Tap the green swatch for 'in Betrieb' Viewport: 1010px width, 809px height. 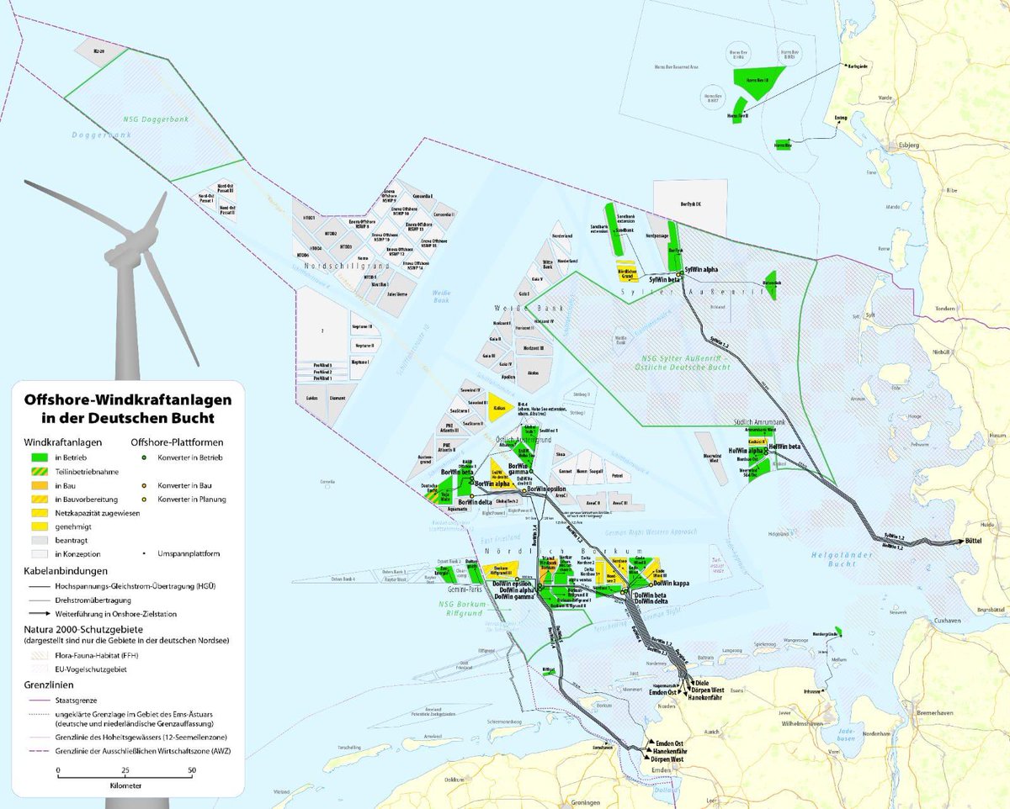click(38, 457)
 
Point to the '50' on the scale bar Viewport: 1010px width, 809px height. click(191, 769)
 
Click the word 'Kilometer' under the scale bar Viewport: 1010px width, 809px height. click(125, 785)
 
